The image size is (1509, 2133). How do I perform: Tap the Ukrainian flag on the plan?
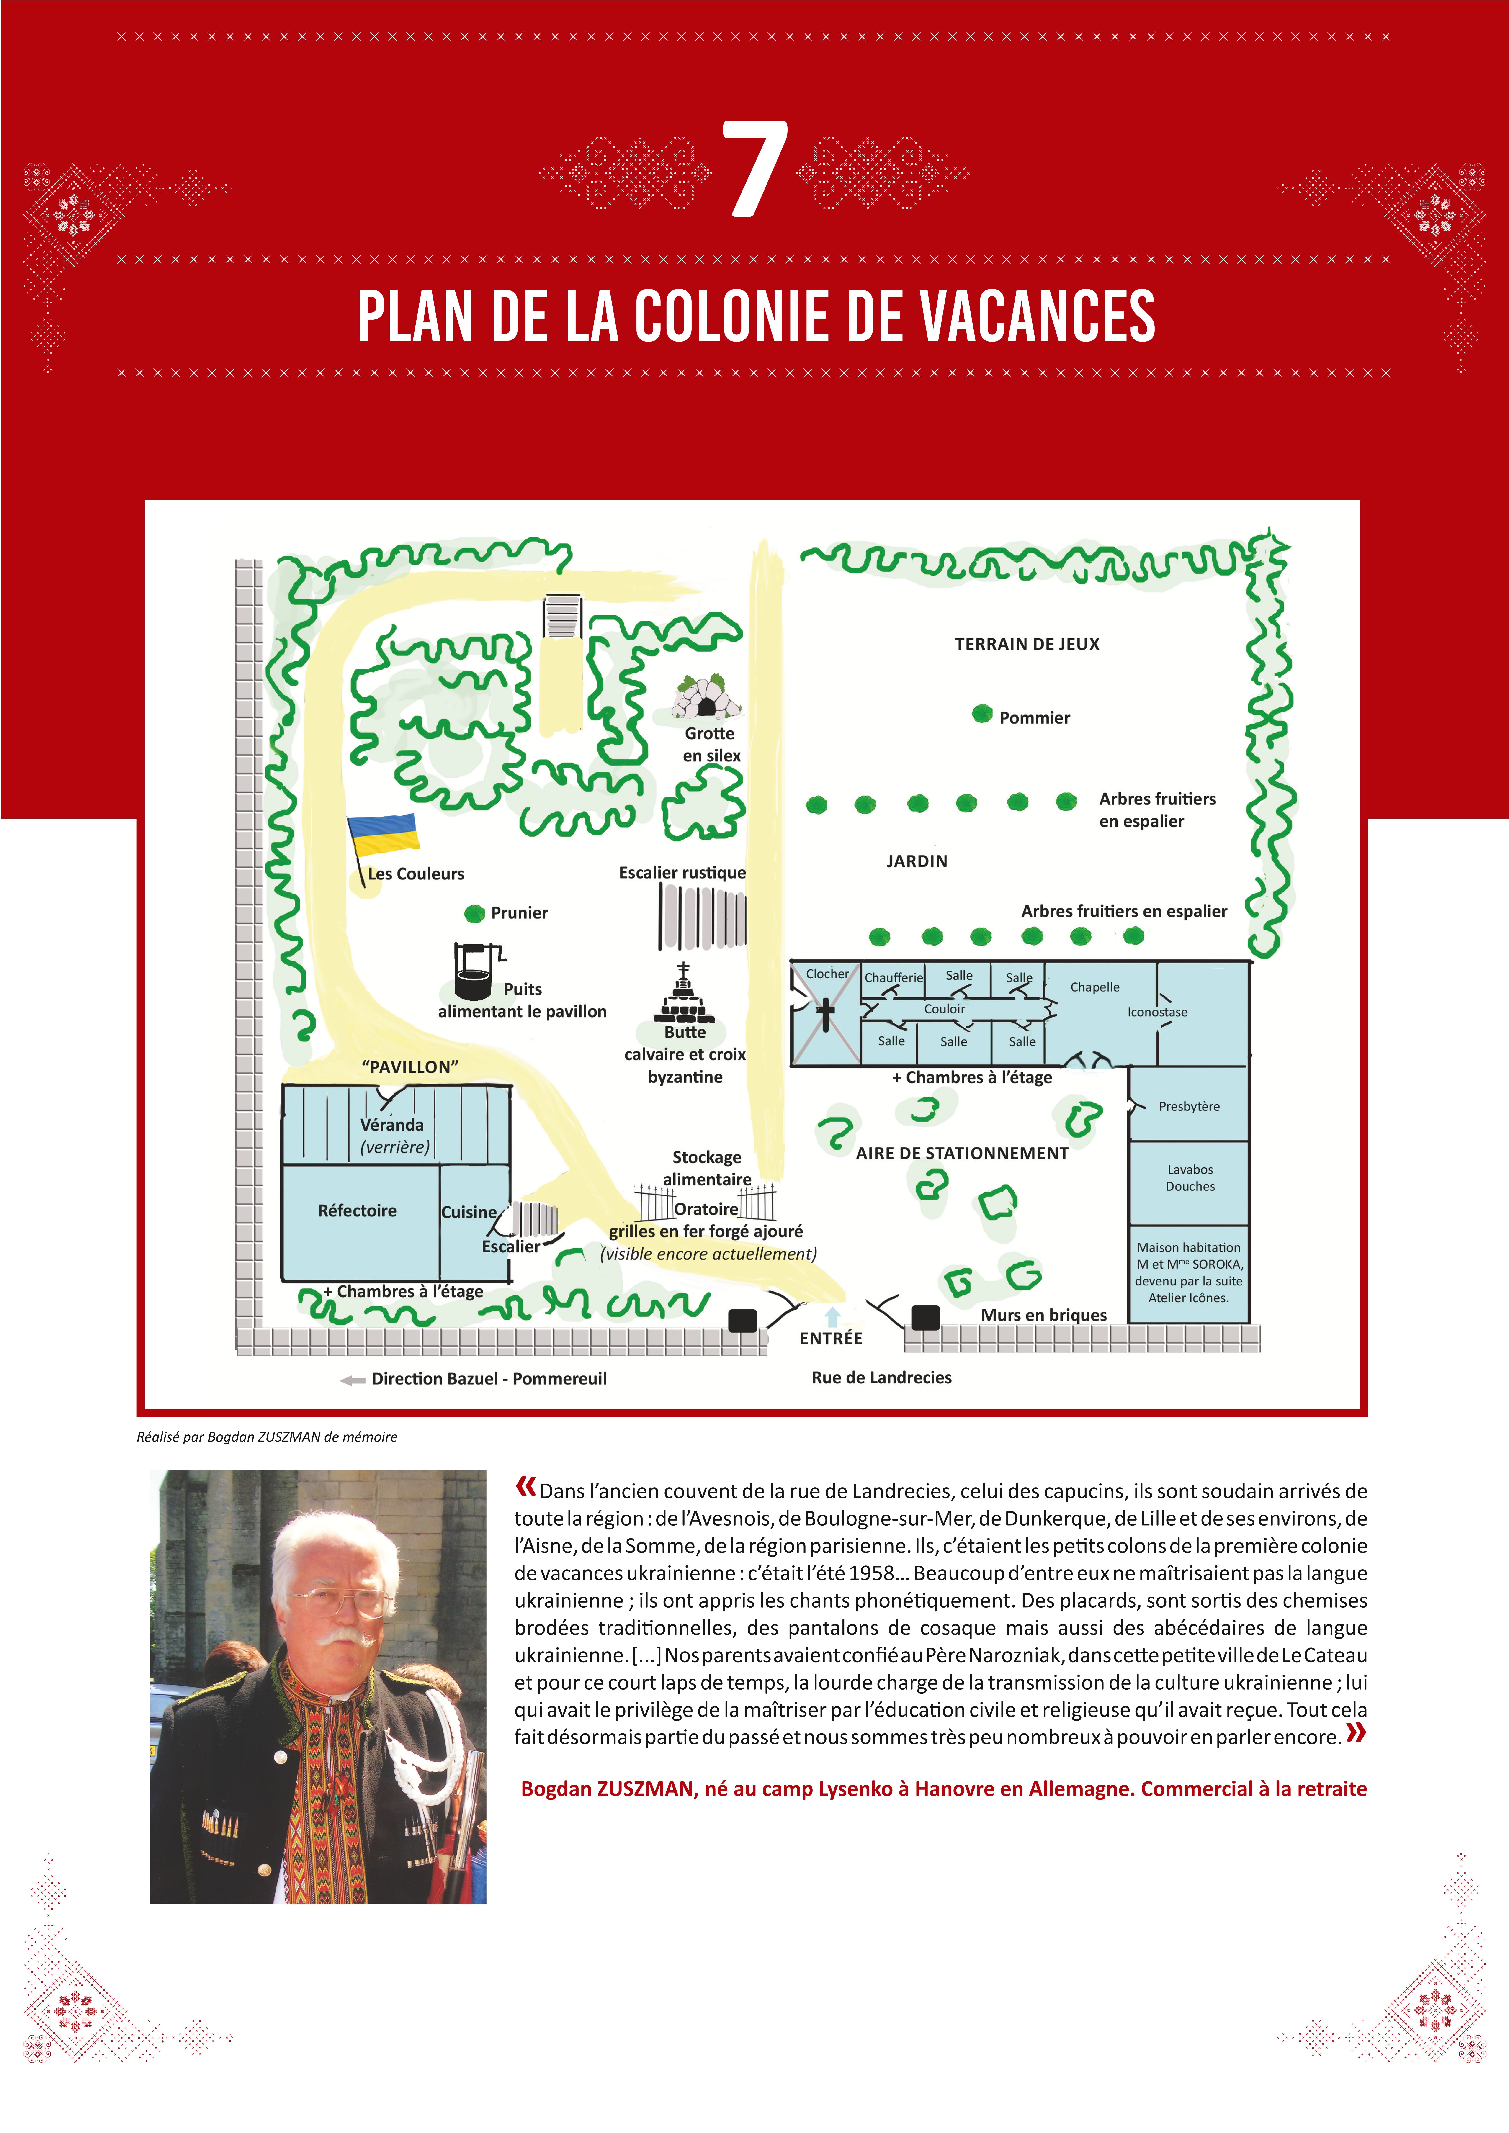pyautogui.click(x=383, y=833)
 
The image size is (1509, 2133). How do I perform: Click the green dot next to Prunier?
pyautogui.click(x=475, y=913)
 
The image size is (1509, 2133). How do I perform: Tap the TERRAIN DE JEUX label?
pyautogui.click(x=1027, y=644)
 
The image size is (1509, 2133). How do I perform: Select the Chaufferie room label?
pyautogui.click(x=893, y=977)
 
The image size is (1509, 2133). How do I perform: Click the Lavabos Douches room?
pyautogui.click(x=1189, y=1178)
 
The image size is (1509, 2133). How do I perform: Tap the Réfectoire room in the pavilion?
pyautogui.click(x=358, y=1210)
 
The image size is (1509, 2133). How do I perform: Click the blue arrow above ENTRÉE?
pyautogui.click(x=833, y=1316)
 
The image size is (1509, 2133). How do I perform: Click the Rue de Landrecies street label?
pyautogui.click(x=881, y=1377)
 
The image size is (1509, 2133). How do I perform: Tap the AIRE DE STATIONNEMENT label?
pyautogui.click(x=962, y=1153)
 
